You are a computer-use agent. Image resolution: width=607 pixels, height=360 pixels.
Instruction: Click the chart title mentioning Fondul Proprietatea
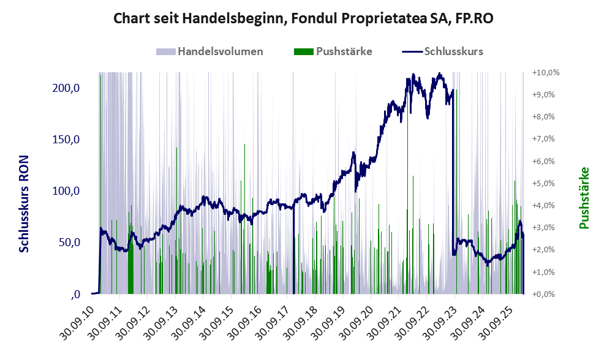tap(304, 19)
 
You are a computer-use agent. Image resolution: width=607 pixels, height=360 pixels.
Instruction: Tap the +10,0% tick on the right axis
tap(546, 72)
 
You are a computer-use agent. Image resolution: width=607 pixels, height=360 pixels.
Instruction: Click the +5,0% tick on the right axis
tap(546, 183)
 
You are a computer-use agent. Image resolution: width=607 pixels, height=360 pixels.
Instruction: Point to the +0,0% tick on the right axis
tap(546, 294)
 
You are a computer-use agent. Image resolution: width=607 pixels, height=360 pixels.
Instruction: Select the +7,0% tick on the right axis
tap(546, 139)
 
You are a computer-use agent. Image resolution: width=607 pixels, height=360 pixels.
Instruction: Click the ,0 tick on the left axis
tap(75, 294)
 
